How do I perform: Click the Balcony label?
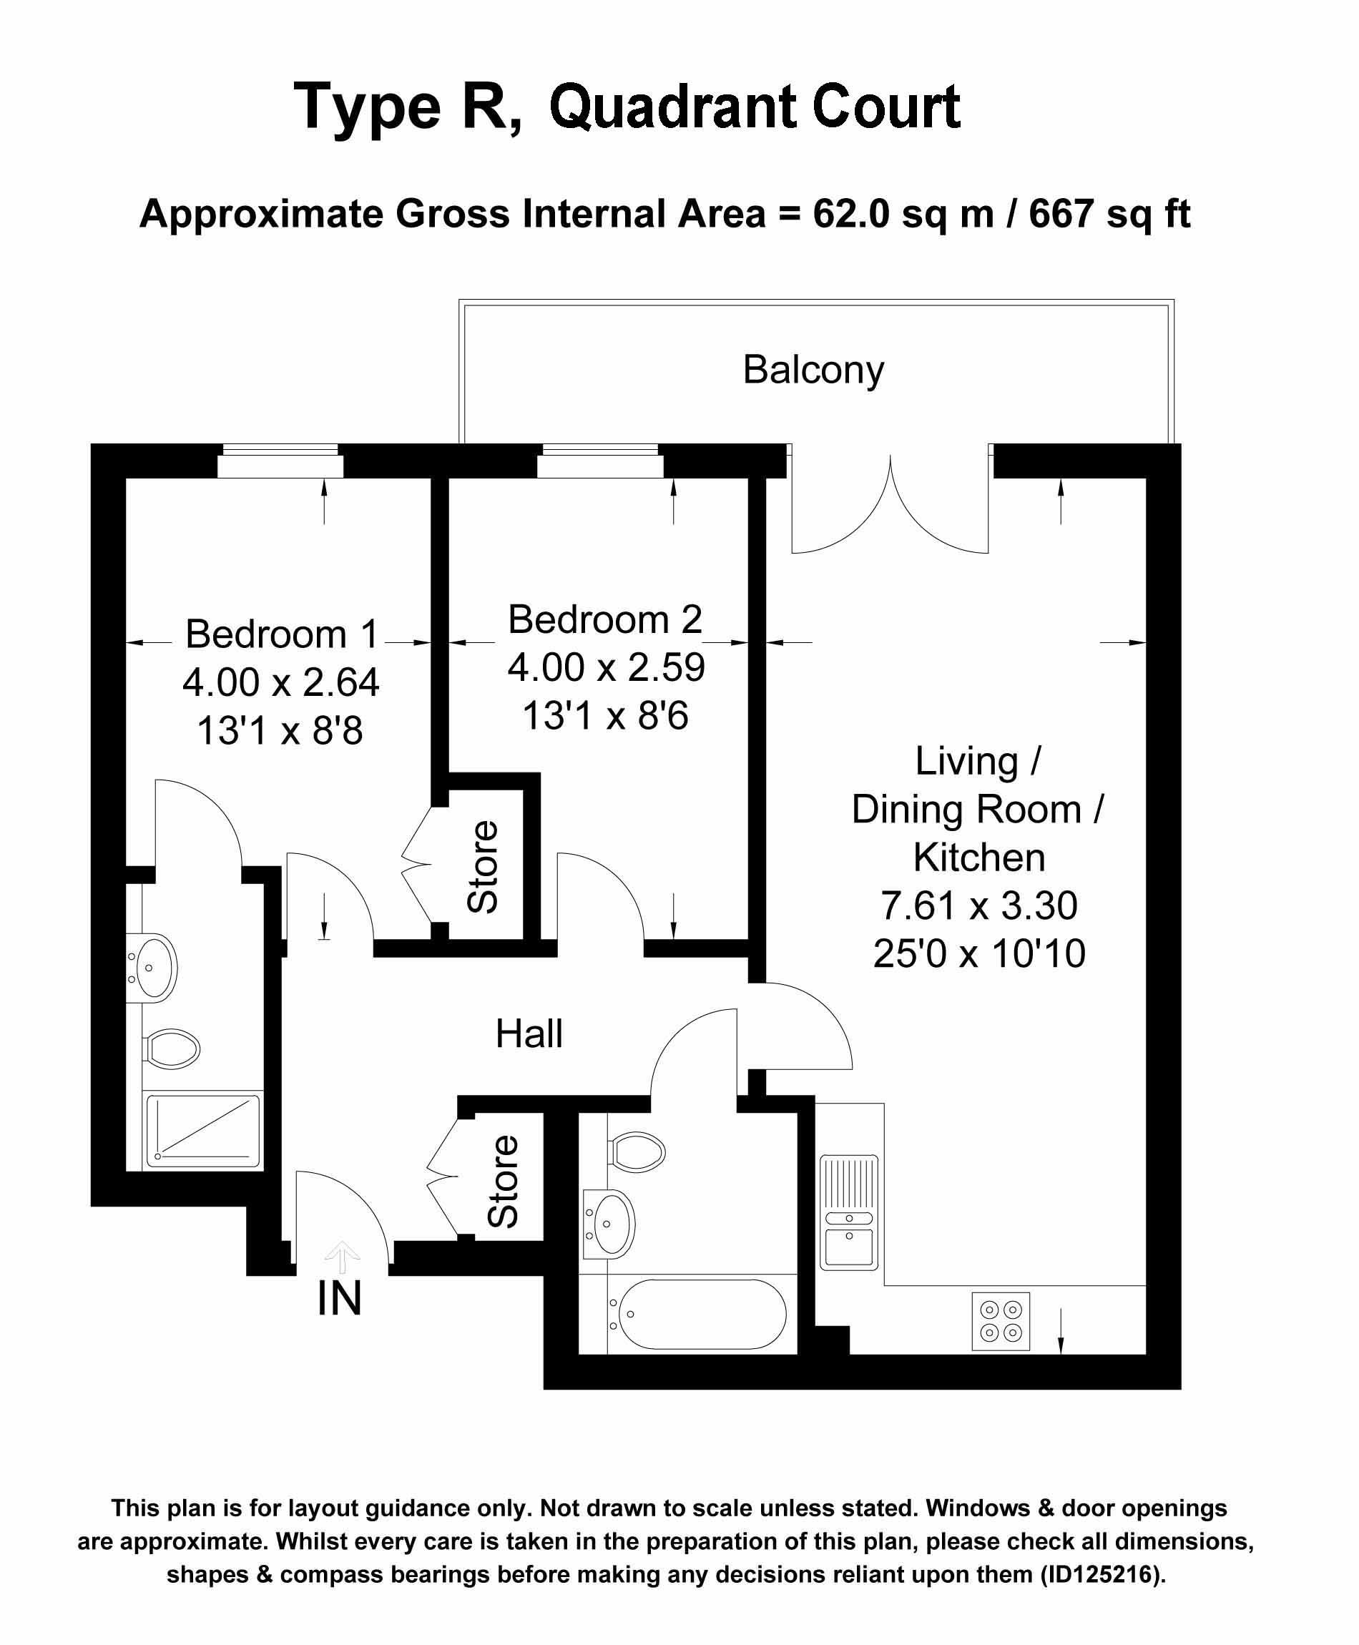pos(813,370)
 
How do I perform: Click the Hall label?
pos(529,1033)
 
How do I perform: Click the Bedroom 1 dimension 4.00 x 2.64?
pos(281,682)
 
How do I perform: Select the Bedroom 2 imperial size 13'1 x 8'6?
pos(605,715)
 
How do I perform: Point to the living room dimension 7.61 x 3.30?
pos(979,905)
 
